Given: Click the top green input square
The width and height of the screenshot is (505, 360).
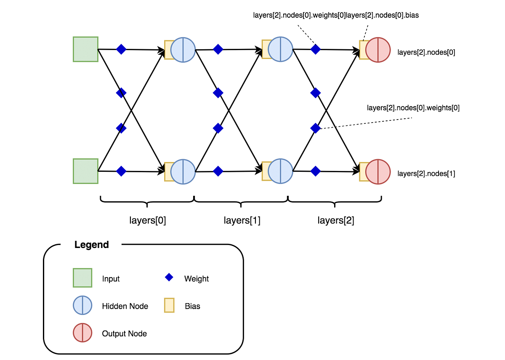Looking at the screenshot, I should [x=85, y=49].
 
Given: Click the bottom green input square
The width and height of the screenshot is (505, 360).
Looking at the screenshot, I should [x=85, y=171].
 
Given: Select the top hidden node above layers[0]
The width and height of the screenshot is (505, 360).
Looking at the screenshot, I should [x=183, y=50].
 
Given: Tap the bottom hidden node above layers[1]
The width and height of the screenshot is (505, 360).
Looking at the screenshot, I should [x=280, y=171].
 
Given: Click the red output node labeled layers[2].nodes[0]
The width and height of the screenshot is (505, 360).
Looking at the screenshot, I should [x=378, y=50].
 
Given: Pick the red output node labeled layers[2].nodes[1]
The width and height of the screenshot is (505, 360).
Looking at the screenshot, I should [x=378, y=171].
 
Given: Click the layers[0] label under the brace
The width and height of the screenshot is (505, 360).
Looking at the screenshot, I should [x=147, y=220].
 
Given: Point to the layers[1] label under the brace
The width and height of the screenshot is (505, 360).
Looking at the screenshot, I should [x=242, y=220].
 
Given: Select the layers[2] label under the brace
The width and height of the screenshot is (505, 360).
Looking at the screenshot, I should [x=335, y=220].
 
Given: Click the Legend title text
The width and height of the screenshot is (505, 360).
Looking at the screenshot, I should [x=92, y=245].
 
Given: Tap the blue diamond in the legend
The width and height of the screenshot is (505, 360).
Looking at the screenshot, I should [x=169, y=277].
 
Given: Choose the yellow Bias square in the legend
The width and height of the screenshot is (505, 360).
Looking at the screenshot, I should [x=169, y=305].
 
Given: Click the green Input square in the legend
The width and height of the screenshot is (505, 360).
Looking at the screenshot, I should [x=82, y=278].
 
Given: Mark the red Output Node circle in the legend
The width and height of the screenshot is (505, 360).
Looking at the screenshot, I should [x=82, y=333].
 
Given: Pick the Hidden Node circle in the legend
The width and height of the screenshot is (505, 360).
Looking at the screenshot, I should [x=82, y=306].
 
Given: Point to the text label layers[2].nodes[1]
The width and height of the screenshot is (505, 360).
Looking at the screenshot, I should [x=426, y=173].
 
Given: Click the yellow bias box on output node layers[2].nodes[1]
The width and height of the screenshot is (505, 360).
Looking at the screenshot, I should [x=363, y=171].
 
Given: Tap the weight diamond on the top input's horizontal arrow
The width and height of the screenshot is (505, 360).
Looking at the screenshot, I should [x=121, y=49].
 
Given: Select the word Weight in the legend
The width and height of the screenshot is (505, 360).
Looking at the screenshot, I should [x=197, y=279].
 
